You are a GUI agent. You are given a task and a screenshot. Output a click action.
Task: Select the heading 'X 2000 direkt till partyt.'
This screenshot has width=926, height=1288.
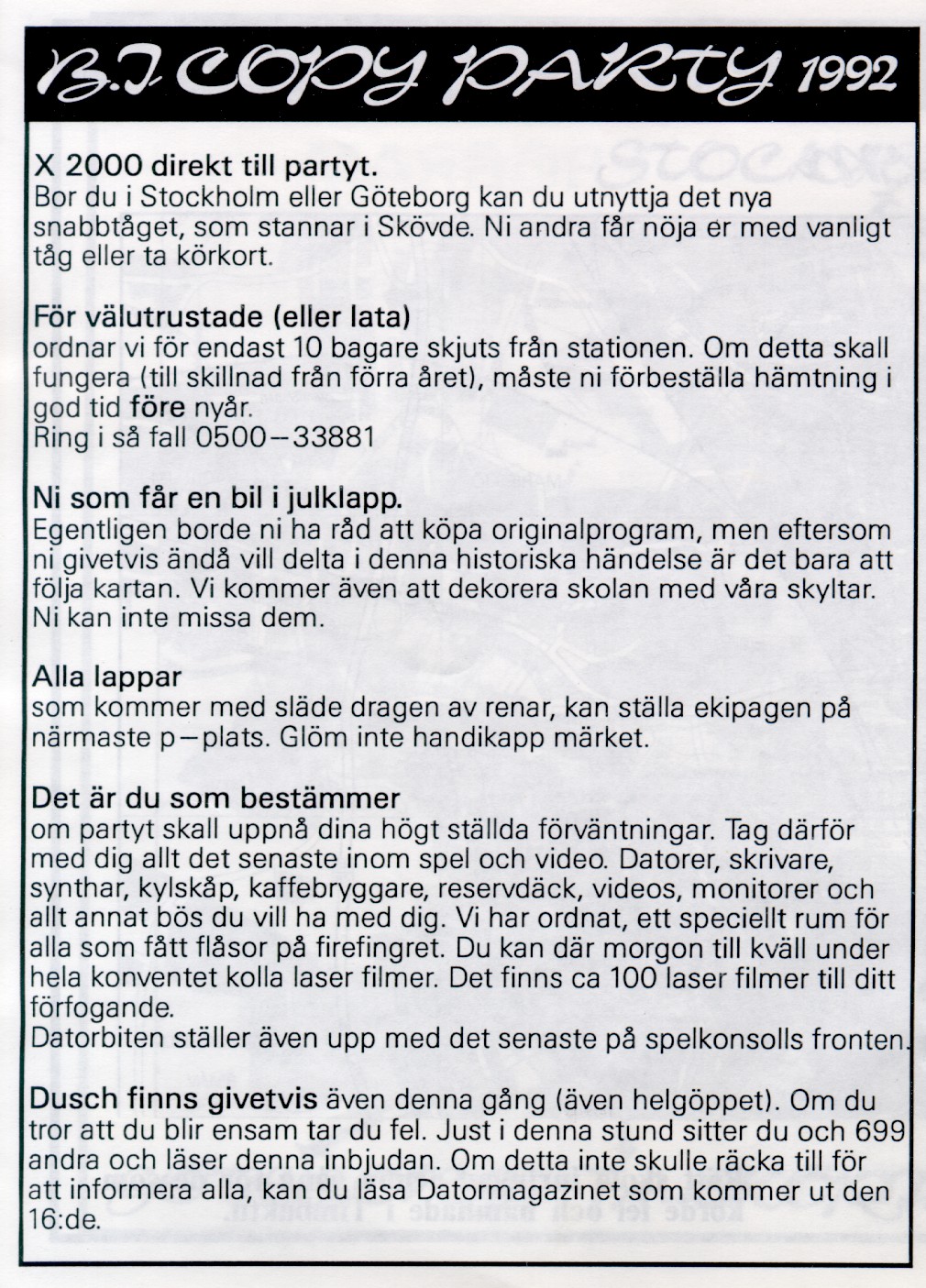[204, 169]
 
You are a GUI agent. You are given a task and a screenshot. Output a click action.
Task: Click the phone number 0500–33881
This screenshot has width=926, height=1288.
[285, 436]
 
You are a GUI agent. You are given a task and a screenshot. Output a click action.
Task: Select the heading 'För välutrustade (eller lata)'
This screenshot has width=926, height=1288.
[221, 317]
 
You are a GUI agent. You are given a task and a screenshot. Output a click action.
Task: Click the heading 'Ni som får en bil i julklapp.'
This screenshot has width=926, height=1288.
[216, 500]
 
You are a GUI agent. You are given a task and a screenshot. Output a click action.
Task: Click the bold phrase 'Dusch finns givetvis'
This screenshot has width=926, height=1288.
[174, 1098]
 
